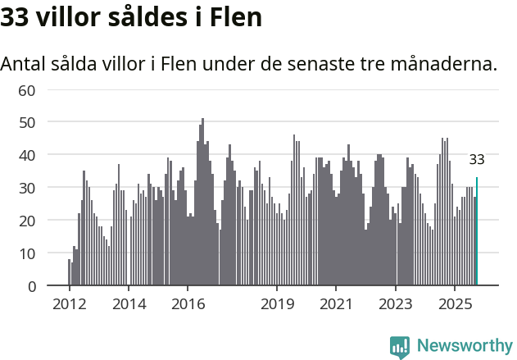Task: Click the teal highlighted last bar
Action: point(477,232)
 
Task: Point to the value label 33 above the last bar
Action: point(477,160)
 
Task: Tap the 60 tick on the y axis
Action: point(26,89)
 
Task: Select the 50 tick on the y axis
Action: point(26,122)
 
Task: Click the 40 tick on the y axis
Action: point(26,155)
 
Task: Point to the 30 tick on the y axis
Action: point(26,188)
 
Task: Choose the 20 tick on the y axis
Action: point(26,221)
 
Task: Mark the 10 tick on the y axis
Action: point(26,253)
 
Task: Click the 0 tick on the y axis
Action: point(30,286)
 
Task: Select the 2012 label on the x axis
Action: point(69,305)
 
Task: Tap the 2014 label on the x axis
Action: point(129,305)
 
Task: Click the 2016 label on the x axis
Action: point(188,305)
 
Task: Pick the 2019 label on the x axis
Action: point(277,305)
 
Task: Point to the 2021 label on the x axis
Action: point(336,305)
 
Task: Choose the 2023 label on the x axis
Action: point(396,305)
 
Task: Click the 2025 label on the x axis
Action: point(455,305)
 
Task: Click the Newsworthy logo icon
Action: point(400,347)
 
